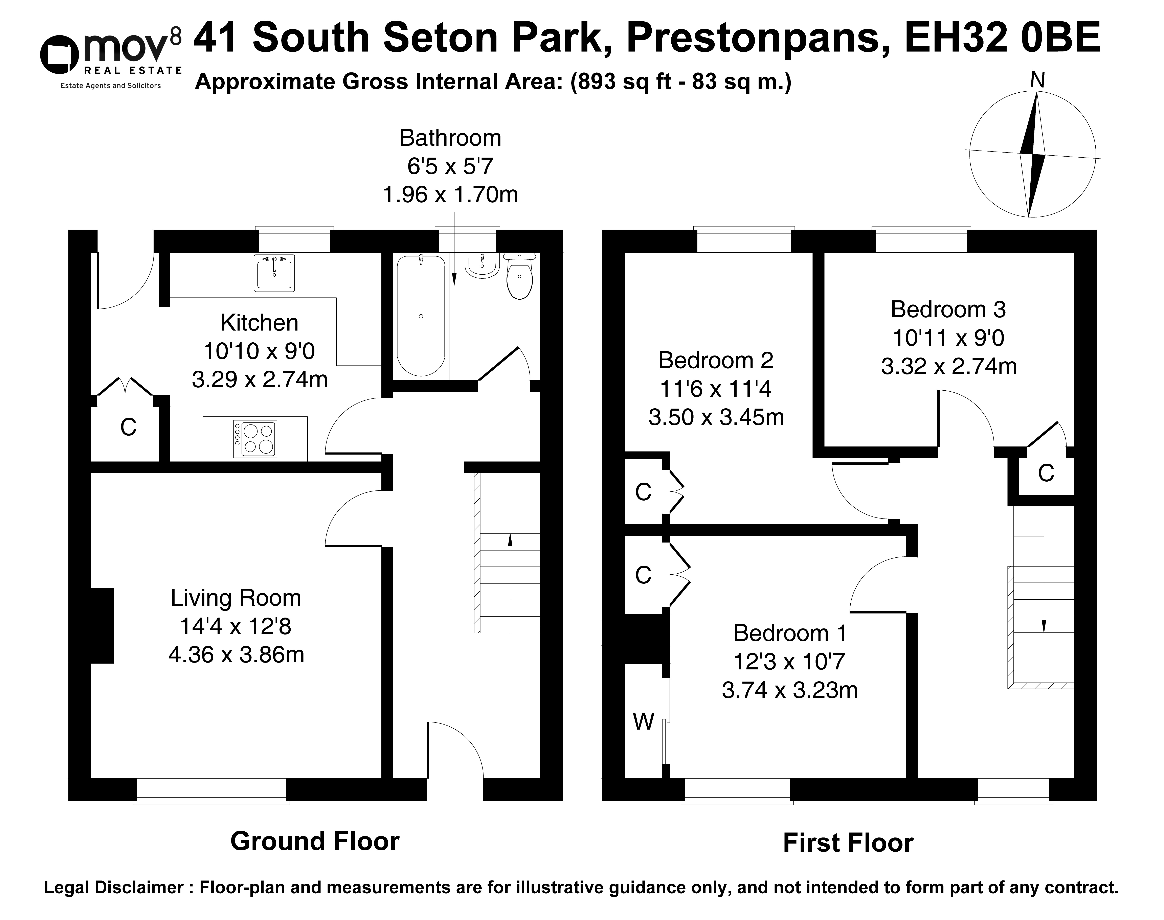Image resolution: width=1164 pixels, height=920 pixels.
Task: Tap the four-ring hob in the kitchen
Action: coord(255,439)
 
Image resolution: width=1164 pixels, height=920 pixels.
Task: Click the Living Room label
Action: coord(236,598)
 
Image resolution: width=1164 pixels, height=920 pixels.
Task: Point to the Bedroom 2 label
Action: coord(716,360)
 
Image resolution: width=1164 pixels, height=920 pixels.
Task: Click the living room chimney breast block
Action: coord(102,625)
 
